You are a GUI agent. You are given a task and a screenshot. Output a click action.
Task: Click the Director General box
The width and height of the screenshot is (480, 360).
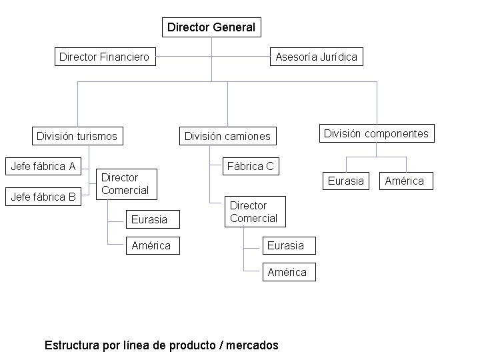coord(211,27)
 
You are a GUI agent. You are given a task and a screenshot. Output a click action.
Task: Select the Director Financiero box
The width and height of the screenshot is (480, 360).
coord(104,57)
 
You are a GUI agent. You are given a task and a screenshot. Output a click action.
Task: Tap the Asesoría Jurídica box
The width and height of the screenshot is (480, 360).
coord(317,57)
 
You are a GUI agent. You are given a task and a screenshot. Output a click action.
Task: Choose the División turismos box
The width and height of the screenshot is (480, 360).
coord(77,136)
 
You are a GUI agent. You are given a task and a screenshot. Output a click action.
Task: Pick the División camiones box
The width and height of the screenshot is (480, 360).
coord(227,136)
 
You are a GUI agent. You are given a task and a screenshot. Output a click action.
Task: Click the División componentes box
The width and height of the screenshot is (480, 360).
coord(376,133)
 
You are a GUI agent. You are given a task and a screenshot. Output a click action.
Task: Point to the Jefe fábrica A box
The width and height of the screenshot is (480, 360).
coord(43,166)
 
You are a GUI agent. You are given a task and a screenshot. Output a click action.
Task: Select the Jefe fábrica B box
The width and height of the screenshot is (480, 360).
coord(43,197)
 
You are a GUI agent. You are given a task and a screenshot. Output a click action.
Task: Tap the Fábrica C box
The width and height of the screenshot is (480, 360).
coord(251,166)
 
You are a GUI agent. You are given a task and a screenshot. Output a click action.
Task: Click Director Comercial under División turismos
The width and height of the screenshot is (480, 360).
coord(125,184)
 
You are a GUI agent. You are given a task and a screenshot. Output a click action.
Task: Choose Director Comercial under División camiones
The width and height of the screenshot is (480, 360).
coord(253,212)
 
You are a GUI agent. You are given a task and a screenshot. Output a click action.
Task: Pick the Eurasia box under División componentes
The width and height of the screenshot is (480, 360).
coord(346,181)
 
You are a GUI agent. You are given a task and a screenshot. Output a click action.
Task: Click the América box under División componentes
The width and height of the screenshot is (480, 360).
coord(404,181)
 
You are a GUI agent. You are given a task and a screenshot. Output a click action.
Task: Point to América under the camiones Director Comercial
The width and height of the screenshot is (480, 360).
coord(287,272)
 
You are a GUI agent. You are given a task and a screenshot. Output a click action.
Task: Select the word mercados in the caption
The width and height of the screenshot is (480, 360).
coord(253,345)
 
